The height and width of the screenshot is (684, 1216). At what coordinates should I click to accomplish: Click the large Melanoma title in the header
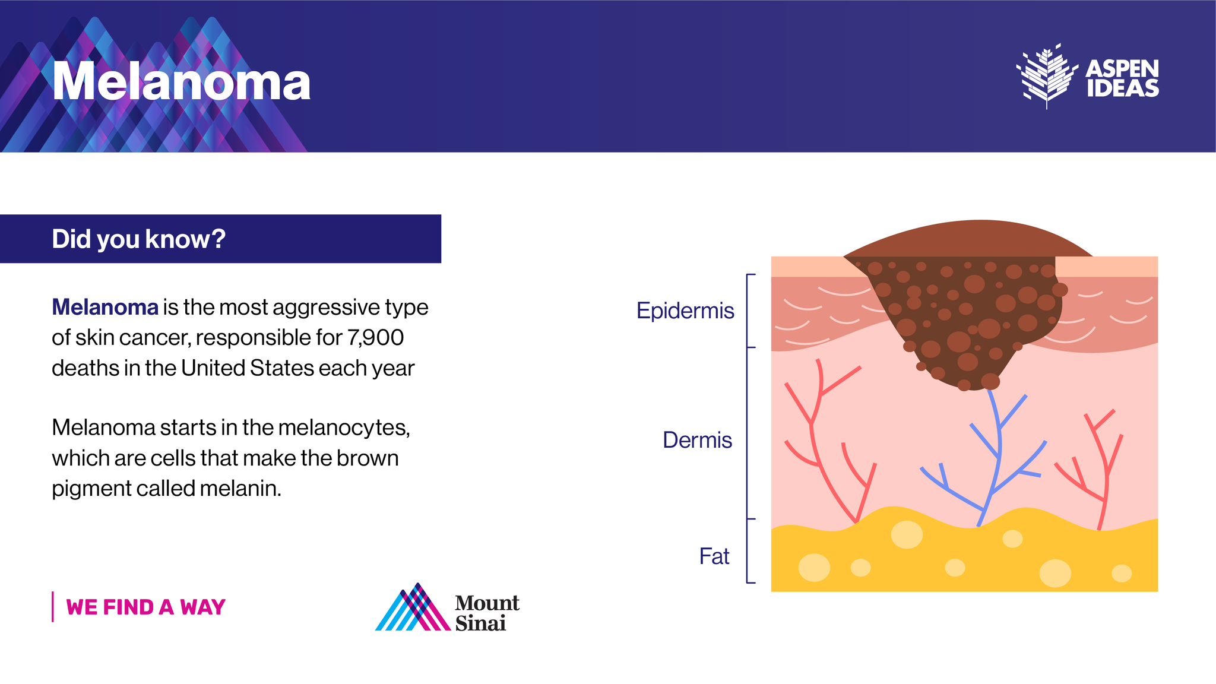coord(181,82)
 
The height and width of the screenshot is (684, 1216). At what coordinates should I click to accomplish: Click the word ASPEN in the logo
coord(1122,69)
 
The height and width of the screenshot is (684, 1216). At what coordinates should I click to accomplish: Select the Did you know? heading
coord(138,239)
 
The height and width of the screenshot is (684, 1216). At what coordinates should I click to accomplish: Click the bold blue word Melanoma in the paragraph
coord(105,308)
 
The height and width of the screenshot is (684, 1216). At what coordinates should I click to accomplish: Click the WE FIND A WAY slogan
coord(145,607)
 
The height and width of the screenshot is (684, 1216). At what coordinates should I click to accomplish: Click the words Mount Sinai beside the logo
coord(486,613)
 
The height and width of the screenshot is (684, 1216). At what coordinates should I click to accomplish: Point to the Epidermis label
coord(685,311)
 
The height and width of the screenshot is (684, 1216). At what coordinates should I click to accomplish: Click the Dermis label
coord(697,440)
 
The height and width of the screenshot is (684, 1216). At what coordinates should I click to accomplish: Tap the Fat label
coord(714,556)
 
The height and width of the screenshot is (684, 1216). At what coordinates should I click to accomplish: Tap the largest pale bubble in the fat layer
coord(907,534)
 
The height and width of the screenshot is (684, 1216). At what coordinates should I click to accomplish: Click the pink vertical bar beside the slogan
coord(53,607)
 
